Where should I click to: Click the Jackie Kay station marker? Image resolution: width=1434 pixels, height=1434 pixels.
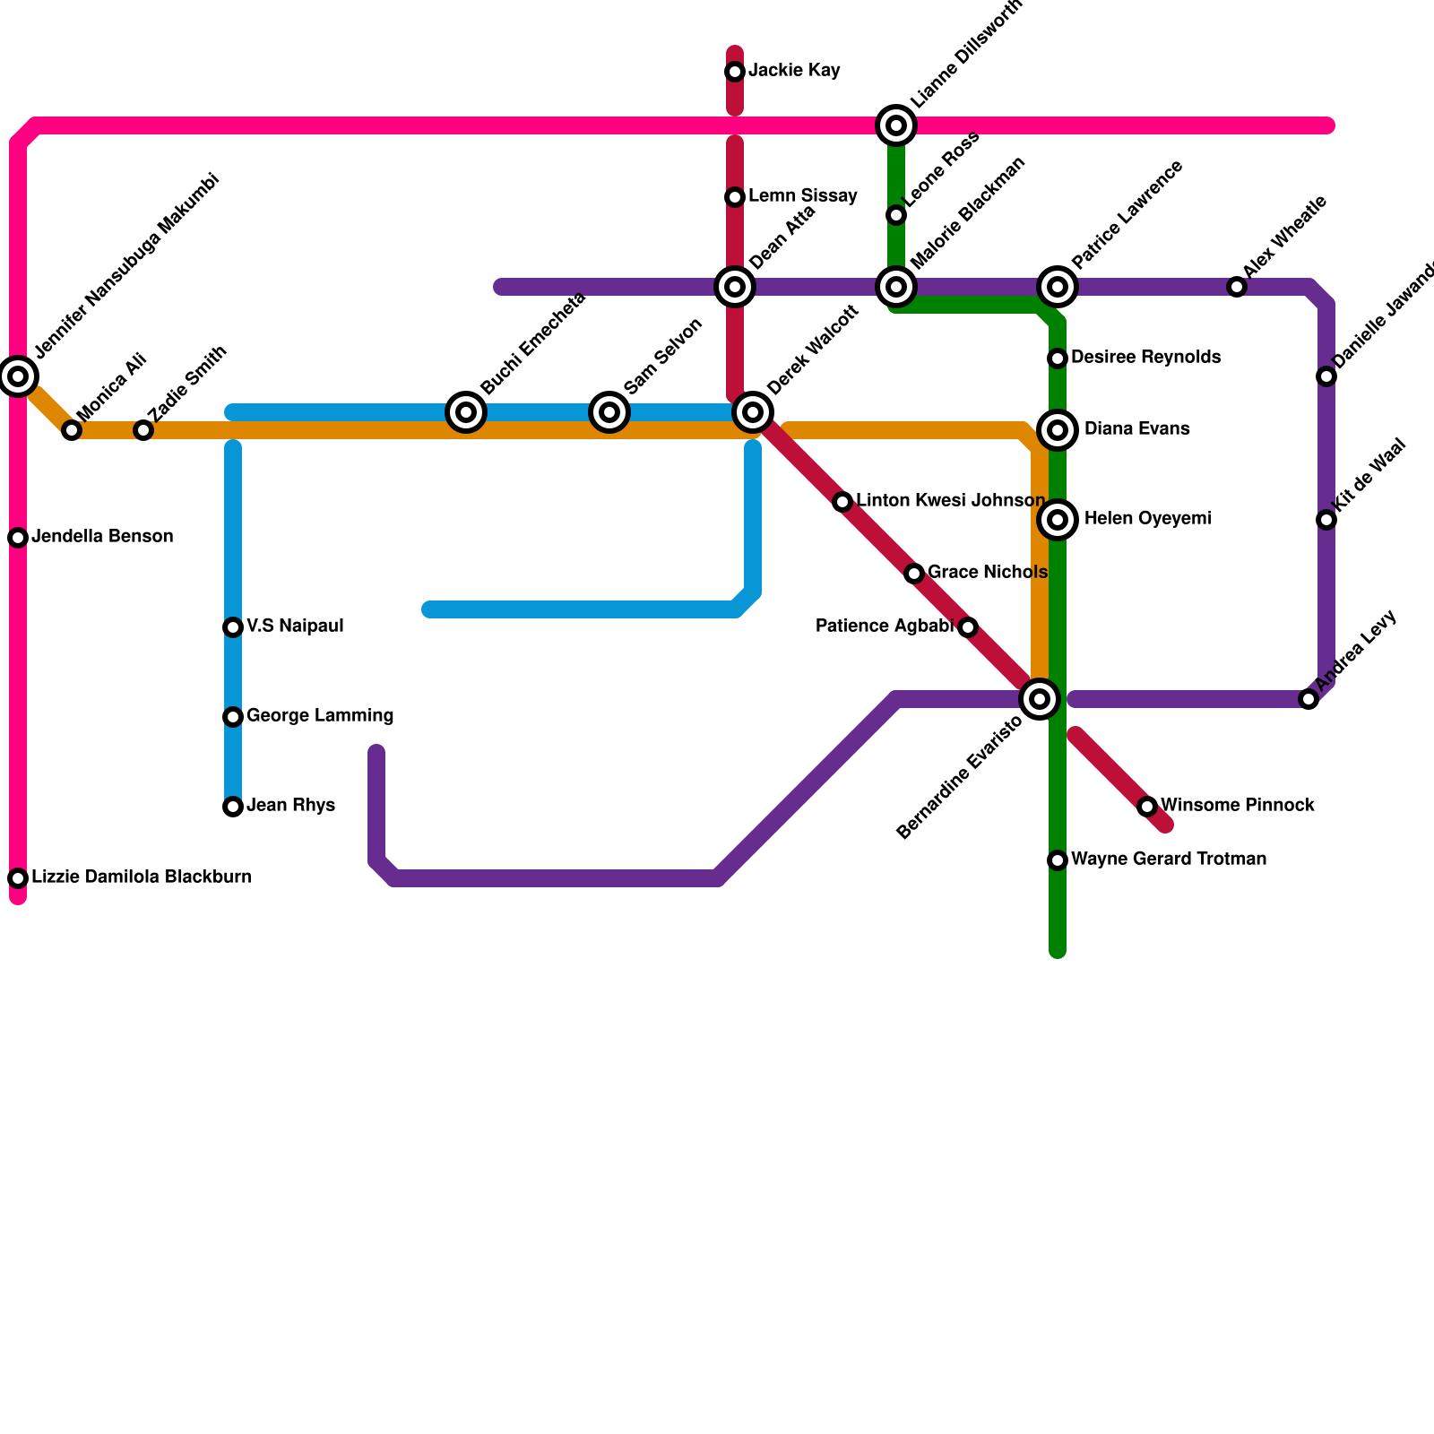[735, 72]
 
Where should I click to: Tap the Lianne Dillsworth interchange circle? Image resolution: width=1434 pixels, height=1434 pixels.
[896, 125]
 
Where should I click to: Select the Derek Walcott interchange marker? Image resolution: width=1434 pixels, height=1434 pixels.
[753, 412]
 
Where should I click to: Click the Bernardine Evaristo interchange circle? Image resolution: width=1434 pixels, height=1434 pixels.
[1040, 699]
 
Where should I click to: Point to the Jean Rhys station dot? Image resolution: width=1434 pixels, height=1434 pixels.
[233, 807]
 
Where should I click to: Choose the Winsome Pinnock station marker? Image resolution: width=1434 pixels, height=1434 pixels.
[1147, 807]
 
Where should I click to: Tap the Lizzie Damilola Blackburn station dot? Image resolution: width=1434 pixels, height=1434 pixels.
[18, 878]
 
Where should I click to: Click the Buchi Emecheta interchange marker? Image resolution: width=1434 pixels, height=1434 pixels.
[466, 412]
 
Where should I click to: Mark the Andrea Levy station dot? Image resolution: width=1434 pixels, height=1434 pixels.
[1309, 699]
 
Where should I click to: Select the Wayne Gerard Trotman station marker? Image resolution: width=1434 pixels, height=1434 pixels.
[1058, 860]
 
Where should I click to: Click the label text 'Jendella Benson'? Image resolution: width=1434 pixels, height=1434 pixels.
[102, 537]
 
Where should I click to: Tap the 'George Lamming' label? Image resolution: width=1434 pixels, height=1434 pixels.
[320, 716]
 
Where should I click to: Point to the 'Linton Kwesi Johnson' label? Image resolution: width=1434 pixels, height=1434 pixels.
[950, 501]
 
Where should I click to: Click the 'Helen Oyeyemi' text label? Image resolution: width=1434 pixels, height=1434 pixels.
[1147, 519]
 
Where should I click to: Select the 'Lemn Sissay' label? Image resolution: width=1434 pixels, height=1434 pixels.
[803, 196]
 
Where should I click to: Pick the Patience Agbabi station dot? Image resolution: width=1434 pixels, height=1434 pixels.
[968, 627]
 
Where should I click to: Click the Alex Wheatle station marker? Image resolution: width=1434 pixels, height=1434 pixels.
[1237, 287]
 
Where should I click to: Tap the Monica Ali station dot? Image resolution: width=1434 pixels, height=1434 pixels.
[72, 430]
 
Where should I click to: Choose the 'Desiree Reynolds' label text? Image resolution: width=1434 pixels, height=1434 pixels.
[1145, 358]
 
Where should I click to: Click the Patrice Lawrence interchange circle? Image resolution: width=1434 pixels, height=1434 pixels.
[1058, 287]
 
